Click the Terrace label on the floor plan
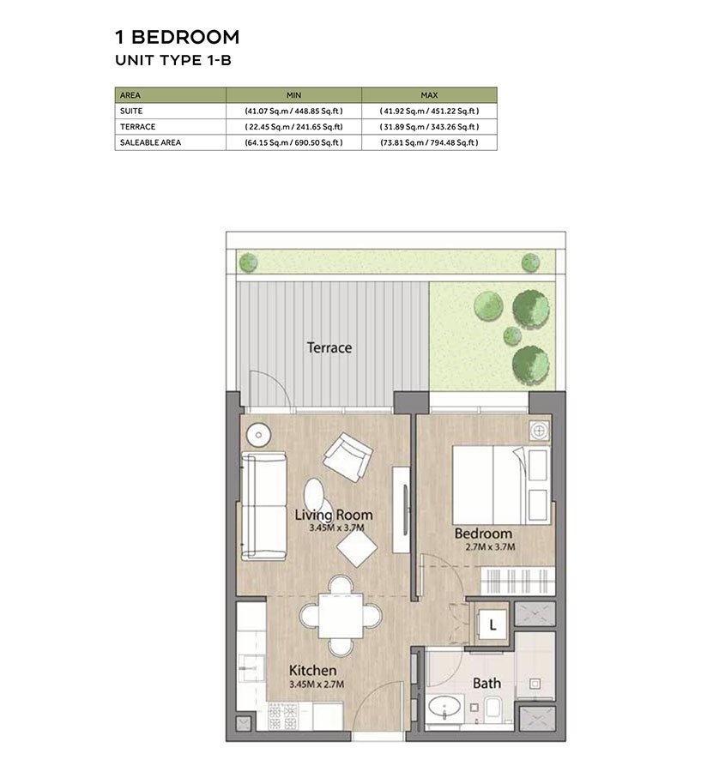pos(329,347)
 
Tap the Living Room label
pos(334,515)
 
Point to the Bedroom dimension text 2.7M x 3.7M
pos(491,546)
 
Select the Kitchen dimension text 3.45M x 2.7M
pos(317,684)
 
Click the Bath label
pos(486,683)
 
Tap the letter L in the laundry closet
pos(492,625)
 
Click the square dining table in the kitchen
pos(341,616)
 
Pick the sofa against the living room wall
pos(263,506)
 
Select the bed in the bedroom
pos(500,485)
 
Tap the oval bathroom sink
pos(444,708)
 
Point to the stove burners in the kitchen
pos(284,716)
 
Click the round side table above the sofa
pos(258,435)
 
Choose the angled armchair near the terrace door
pos(347,457)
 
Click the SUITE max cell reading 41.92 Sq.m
pos(429,112)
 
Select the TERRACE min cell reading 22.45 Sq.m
pos(293,127)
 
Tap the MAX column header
pos(429,95)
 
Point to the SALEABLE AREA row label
pos(150,142)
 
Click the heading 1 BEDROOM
pos(178,37)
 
